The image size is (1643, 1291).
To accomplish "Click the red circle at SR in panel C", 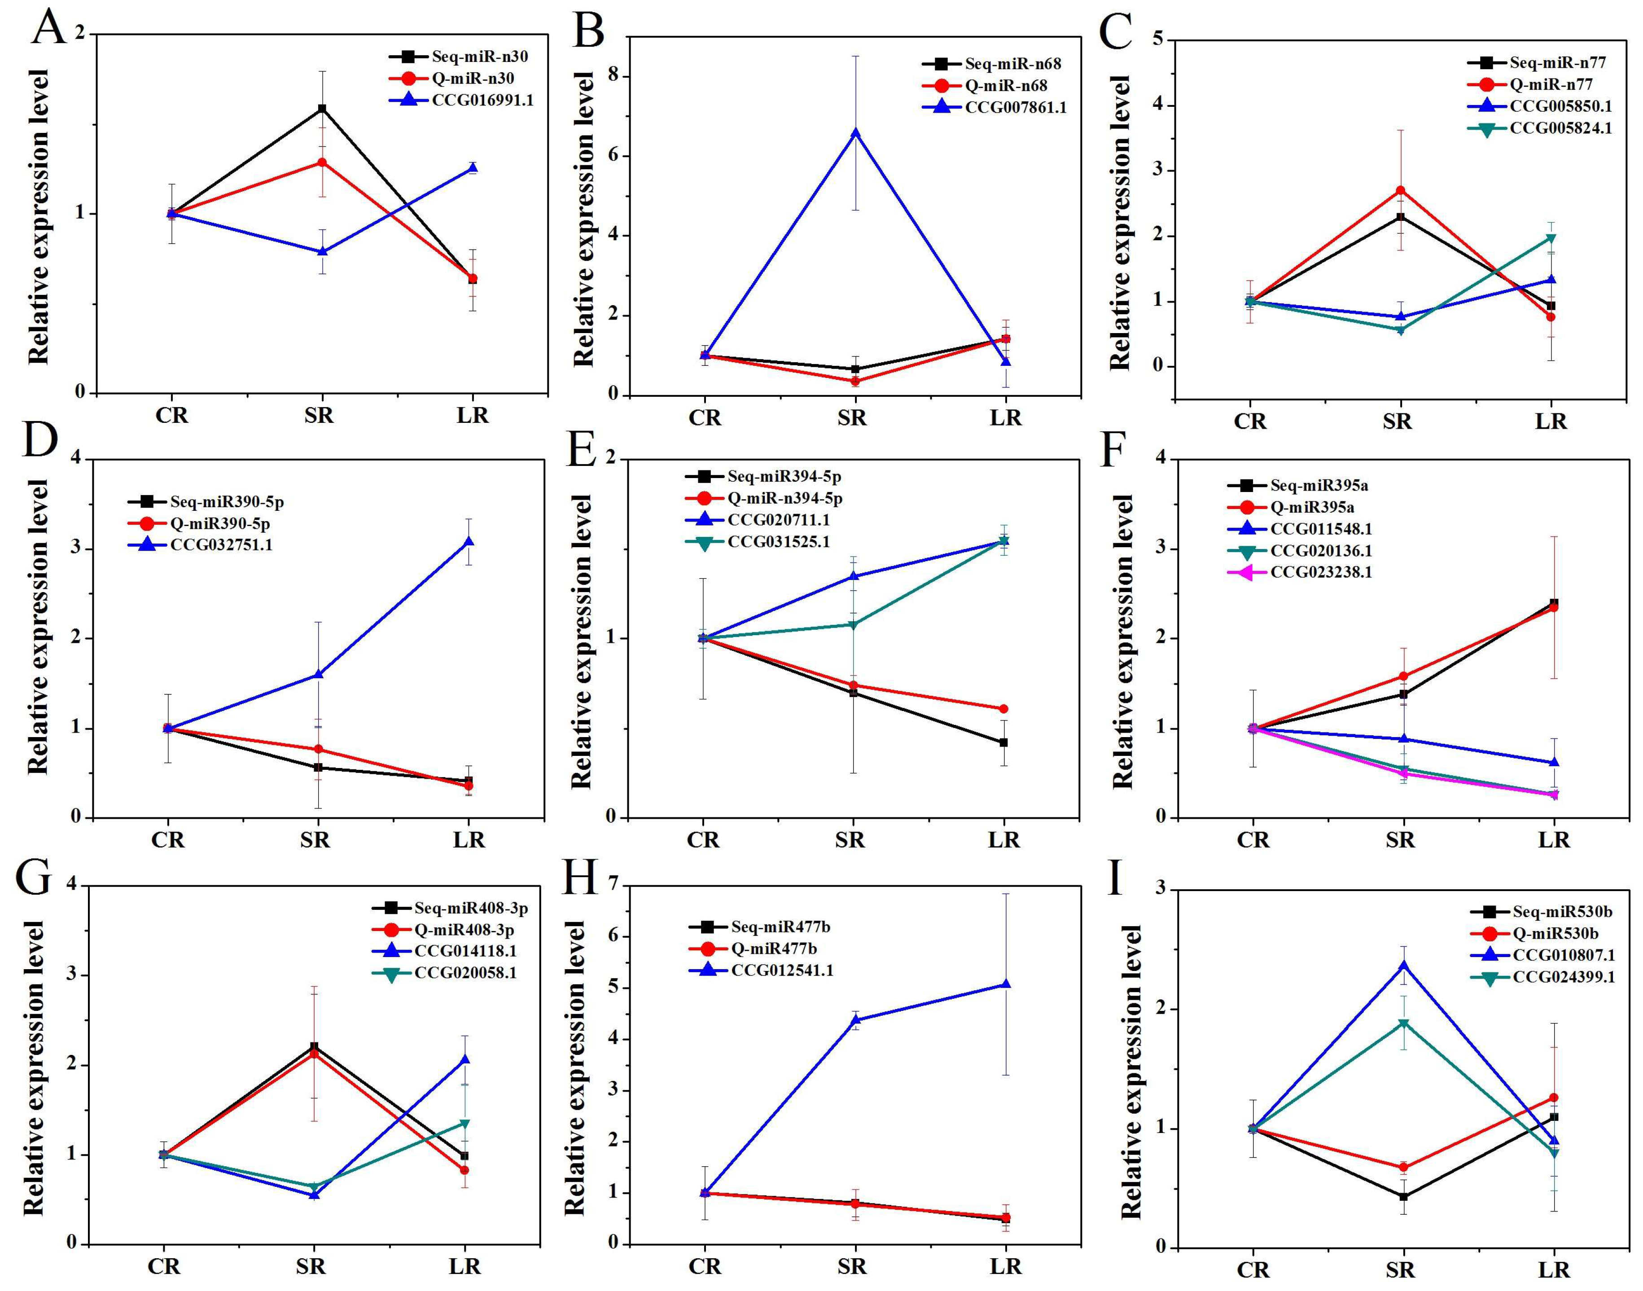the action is coord(1400,190).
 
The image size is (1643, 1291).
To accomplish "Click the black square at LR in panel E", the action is coord(1003,742).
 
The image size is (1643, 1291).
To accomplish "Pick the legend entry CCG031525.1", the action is coord(779,541).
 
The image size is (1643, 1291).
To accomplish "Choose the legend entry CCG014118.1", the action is coord(465,950).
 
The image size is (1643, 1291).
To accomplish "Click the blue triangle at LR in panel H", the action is coord(1006,984).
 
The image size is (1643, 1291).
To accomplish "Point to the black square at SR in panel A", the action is coord(322,109).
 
